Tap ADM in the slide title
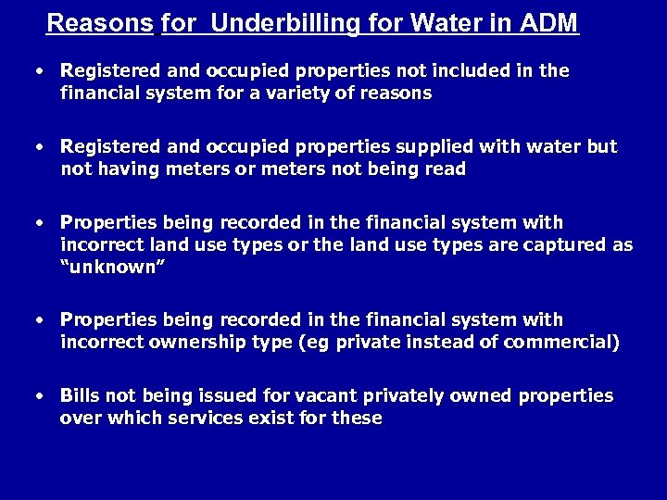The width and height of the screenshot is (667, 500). tap(550, 22)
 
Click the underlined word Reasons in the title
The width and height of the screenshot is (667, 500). tap(99, 22)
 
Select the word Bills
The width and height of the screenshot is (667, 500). tap(81, 395)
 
